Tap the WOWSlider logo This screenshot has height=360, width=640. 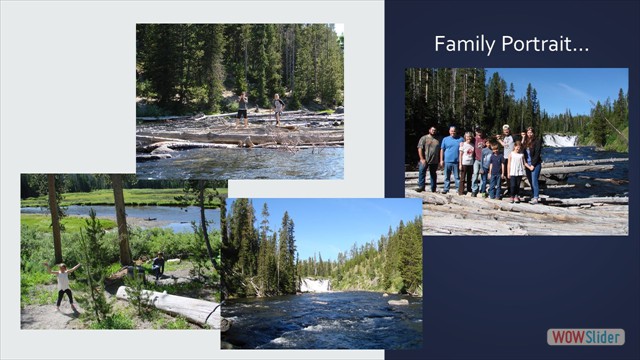coord(585,337)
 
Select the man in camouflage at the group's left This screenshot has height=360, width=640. coord(429,158)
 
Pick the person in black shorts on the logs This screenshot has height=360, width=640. coord(242,104)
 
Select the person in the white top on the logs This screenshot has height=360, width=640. coord(278,105)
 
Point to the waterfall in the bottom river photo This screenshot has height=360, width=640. coord(315,285)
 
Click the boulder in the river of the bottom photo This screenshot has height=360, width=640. coord(397,301)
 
